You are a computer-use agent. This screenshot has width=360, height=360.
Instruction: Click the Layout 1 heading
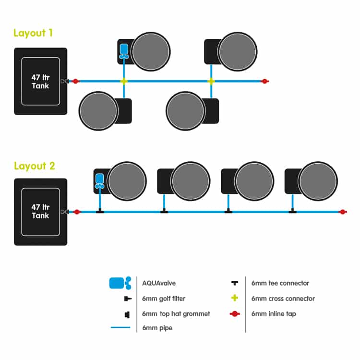33,33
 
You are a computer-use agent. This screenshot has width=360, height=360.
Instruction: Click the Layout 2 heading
35,166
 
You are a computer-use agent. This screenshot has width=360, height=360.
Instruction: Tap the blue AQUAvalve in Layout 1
124,51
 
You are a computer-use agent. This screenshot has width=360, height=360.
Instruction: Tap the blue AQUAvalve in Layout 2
100,181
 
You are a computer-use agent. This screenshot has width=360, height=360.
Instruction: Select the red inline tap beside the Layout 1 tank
75,81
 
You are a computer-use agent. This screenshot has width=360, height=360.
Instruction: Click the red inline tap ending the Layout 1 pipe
265,81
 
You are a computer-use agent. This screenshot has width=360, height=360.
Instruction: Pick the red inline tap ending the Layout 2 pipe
343,212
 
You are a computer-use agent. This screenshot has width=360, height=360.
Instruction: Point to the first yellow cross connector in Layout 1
124,81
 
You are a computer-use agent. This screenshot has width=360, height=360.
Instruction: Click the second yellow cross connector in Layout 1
211,81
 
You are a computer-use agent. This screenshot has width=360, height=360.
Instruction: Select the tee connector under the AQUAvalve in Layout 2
100,211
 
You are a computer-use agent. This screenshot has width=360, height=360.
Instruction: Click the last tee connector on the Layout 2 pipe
292,211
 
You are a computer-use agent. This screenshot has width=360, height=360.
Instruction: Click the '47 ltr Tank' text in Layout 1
40,82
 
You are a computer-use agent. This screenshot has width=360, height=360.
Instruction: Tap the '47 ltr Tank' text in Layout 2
40,211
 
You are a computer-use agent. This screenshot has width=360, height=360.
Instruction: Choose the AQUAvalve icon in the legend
120,283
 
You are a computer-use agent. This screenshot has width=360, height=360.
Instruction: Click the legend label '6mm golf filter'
164,299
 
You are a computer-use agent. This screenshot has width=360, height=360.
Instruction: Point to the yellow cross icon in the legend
235,298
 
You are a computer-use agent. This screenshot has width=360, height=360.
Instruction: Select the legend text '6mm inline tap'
274,313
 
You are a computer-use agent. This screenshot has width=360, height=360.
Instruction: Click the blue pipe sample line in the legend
120,327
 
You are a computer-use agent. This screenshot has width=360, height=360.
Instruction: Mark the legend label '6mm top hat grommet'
176,313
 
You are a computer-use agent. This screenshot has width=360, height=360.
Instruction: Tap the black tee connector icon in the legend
235,283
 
